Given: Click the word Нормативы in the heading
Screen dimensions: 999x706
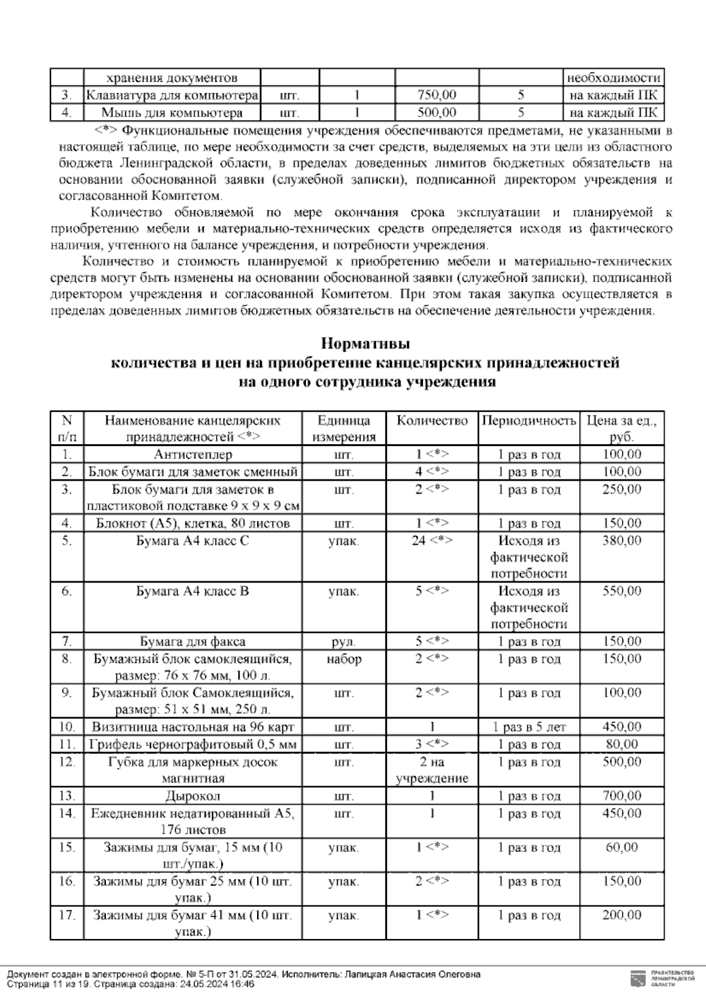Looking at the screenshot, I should click(365, 343).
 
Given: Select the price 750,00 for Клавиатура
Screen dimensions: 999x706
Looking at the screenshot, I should click(437, 95).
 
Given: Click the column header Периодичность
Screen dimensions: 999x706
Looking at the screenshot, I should click(528, 421).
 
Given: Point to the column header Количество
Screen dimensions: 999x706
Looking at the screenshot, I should click(432, 421).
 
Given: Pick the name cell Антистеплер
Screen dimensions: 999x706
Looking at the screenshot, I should click(193, 455).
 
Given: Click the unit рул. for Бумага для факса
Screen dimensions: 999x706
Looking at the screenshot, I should click(344, 642).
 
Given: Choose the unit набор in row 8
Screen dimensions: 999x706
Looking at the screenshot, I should click(344, 659).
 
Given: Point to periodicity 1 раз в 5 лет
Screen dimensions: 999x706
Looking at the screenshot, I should click(528, 727).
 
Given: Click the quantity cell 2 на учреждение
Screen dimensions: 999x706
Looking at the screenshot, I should click(432, 770).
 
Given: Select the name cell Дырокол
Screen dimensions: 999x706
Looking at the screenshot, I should click(193, 797).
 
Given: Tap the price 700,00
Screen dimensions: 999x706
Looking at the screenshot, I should click(622, 797).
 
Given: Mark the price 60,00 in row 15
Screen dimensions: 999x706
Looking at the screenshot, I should click(622, 848).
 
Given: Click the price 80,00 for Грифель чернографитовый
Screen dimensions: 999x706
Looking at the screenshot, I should click(622, 745).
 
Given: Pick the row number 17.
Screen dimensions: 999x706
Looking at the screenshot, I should click(67, 915).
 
